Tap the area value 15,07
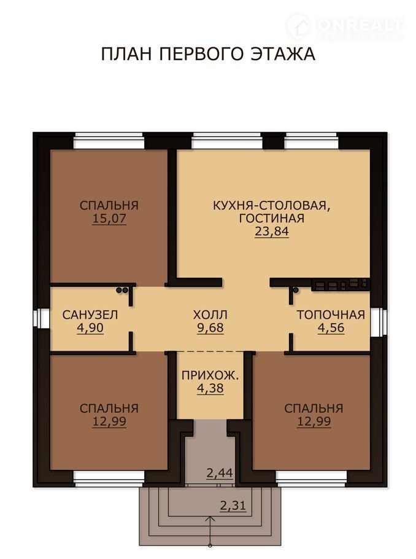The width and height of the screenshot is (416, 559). coord(109,218)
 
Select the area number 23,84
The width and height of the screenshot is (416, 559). coord(271,232)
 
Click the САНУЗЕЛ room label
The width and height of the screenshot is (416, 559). coord(90,315)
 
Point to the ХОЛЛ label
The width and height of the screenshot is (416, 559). coord(210,315)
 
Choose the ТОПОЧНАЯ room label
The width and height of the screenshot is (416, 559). coord(331,315)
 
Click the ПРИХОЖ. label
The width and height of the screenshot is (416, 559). coord(210,375)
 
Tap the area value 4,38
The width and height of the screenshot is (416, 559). coord(210,388)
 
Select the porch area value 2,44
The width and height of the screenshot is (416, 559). coord(220,473)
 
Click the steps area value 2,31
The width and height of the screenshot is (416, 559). coord(233,506)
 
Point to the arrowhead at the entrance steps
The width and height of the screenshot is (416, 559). coord(210,519)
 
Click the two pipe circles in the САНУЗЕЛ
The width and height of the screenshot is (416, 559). coord(122,290)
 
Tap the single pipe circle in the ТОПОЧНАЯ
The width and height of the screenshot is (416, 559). coord(296,290)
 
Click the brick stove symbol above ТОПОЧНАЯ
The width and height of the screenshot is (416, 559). coord(341,285)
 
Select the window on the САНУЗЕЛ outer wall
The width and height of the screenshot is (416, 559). coord(42,318)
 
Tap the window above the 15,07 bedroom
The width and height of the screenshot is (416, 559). coord(109,141)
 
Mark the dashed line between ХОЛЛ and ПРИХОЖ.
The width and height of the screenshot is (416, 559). coord(210,352)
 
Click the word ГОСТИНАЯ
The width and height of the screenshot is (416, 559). coord(271,218)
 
